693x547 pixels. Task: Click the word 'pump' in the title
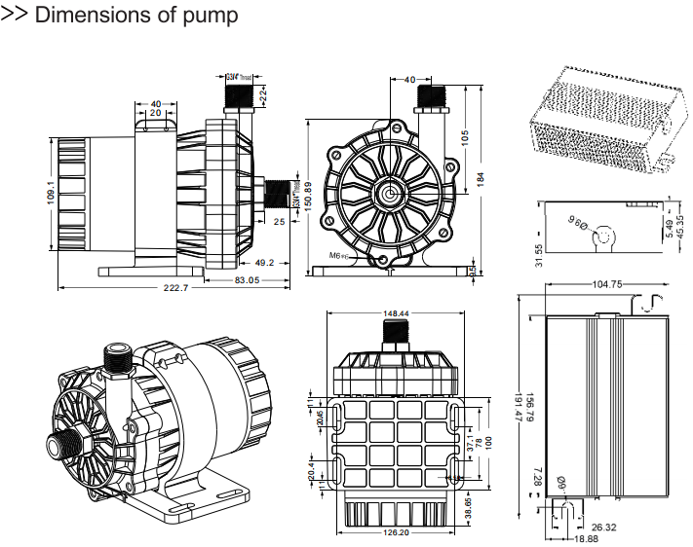[x=205, y=17]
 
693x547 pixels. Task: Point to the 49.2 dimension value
[x=264, y=262]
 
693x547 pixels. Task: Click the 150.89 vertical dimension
[x=308, y=198]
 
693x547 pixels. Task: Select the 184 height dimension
[x=481, y=180]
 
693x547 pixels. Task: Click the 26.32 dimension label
[x=604, y=528]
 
